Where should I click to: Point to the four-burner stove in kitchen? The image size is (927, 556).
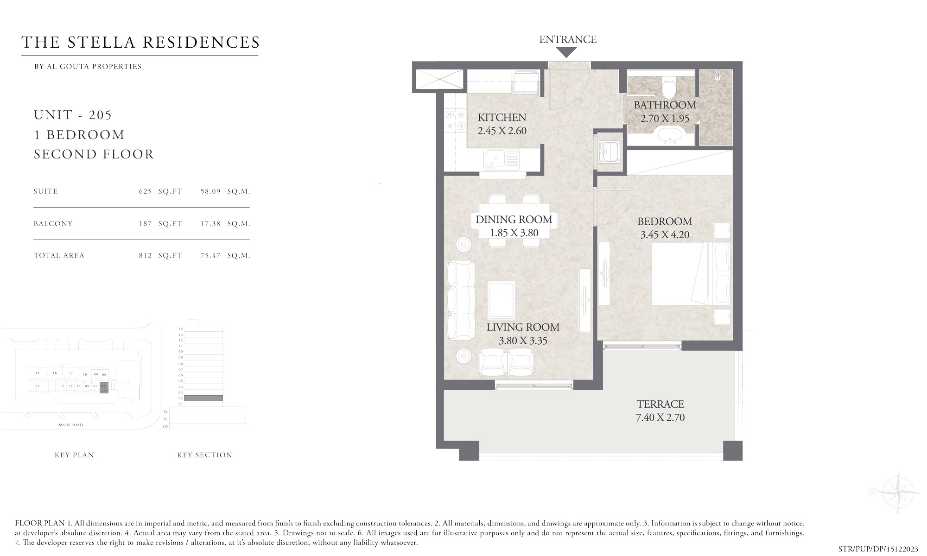point(455,120)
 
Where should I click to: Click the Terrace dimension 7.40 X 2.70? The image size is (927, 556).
point(660,417)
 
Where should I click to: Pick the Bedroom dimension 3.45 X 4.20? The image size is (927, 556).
point(665,235)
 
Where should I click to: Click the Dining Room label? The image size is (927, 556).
point(514,220)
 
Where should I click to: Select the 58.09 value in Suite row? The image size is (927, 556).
point(210,191)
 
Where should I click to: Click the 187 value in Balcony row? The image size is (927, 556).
point(145,224)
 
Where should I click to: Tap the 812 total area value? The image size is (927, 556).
point(145,256)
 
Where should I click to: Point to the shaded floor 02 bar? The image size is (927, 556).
point(203,398)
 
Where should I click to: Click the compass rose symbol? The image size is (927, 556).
point(899,492)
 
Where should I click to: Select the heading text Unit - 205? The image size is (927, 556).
point(73,115)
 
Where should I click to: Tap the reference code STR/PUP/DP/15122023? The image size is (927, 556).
point(878,549)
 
